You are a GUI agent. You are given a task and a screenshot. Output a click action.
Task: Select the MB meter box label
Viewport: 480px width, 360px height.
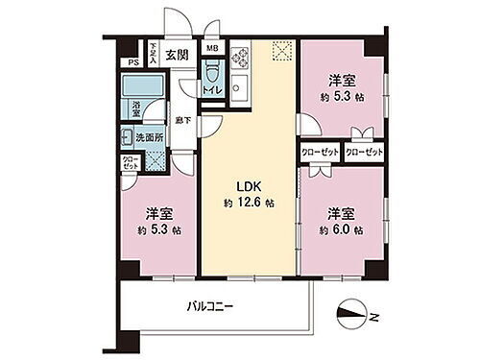click(x=211, y=47)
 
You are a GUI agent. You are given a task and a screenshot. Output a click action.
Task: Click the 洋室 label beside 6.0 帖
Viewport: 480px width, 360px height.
click(x=340, y=212)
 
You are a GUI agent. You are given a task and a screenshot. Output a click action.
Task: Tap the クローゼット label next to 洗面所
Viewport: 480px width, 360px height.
click(x=131, y=163)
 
